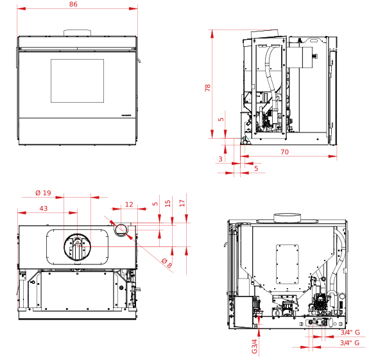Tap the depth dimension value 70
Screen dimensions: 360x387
[284, 152]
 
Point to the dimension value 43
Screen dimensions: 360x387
[44, 209]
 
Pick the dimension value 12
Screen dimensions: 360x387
[129, 205]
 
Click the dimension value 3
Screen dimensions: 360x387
[221, 159]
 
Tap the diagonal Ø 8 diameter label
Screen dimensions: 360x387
[168, 263]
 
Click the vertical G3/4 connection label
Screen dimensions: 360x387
[255, 347]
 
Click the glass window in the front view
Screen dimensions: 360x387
[77, 81]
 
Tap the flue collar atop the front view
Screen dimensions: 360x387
[77, 33]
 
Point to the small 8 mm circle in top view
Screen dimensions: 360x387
[121, 229]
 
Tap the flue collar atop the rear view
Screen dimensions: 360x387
[288, 217]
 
